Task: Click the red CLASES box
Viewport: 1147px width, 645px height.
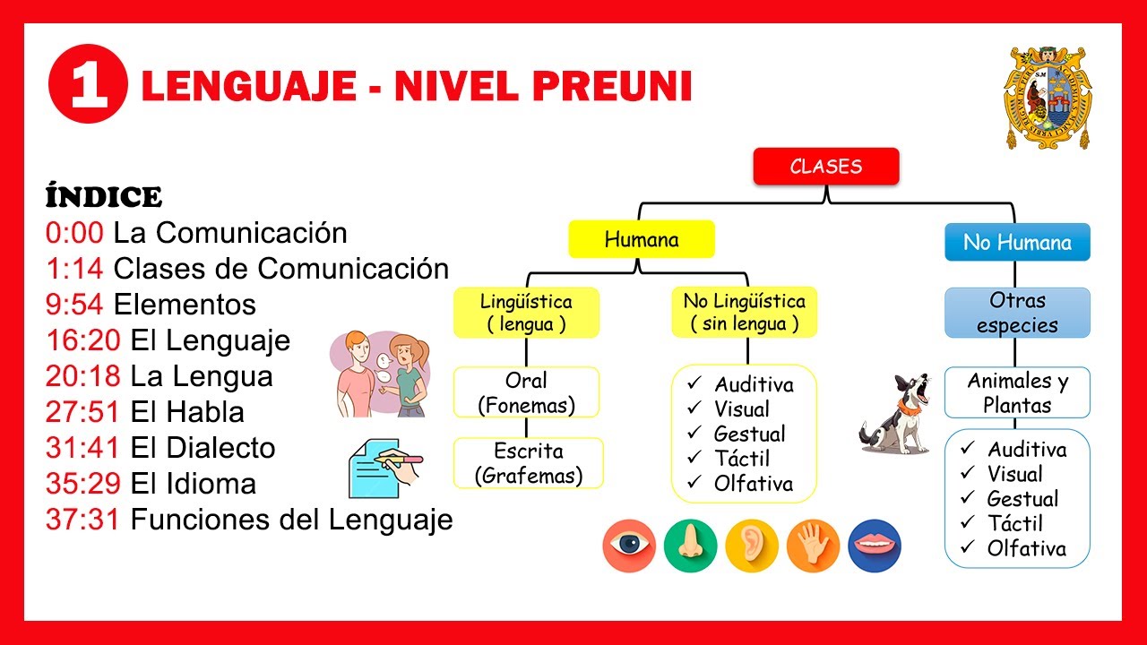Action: coord(825,167)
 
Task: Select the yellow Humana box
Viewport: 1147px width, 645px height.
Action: coord(642,239)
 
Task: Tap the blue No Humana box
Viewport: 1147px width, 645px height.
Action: coord(1017,242)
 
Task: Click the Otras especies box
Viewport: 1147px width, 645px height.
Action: coord(1017,313)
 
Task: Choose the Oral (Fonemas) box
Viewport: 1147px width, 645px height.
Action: coord(526,392)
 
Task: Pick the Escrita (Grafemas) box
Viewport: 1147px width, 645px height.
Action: coord(528,463)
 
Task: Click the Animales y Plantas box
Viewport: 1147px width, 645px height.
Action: coord(1017,392)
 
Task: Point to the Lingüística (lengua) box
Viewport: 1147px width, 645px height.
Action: coord(526,313)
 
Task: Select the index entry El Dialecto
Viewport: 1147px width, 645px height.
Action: coord(203,448)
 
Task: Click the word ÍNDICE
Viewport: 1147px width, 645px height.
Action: coord(103,197)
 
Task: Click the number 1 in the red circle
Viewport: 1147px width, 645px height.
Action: coord(87,87)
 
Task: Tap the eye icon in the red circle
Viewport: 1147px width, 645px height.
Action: coord(629,546)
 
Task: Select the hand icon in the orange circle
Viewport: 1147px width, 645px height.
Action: coord(813,546)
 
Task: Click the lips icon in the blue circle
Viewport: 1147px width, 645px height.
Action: coord(874,546)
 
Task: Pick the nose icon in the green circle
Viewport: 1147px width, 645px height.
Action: coord(690,546)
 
